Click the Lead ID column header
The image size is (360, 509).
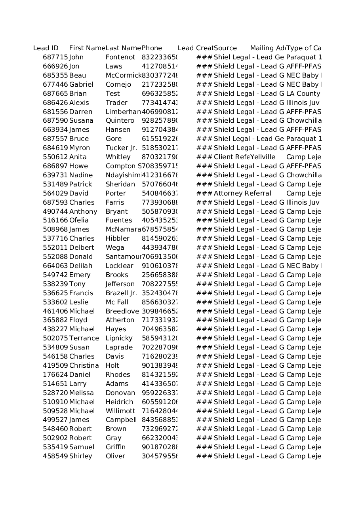[46, 48]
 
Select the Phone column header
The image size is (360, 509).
[152, 48]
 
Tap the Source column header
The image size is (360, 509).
[225, 48]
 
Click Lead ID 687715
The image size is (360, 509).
[55, 57]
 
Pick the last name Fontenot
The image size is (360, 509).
[120, 57]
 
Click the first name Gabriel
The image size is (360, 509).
[81, 84]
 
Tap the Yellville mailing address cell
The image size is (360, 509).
[263, 157]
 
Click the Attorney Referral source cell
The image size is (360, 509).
[242, 194]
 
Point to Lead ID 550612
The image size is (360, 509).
[55, 157]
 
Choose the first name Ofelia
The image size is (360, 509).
[79, 220]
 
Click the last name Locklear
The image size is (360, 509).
[119, 266]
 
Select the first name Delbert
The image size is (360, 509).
[82, 248]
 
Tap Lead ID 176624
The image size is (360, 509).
[55, 375]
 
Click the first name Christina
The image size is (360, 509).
[84, 366]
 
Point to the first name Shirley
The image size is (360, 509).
[80, 456]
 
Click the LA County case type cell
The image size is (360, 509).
[303, 94]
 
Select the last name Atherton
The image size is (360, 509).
[120, 320]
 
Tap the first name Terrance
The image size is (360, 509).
[84, 338]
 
